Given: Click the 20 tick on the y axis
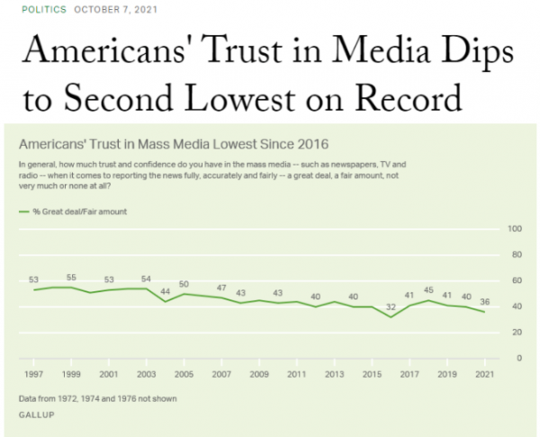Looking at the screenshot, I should pyautogui.click(x=517, y=332).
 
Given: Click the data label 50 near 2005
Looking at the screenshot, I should pyautogui.click(x=184, y=284).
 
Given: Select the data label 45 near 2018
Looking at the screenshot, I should pyautogui.click(x=428, y=290).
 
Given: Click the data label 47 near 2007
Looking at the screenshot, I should pyautogui.click(x=220, y=288).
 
